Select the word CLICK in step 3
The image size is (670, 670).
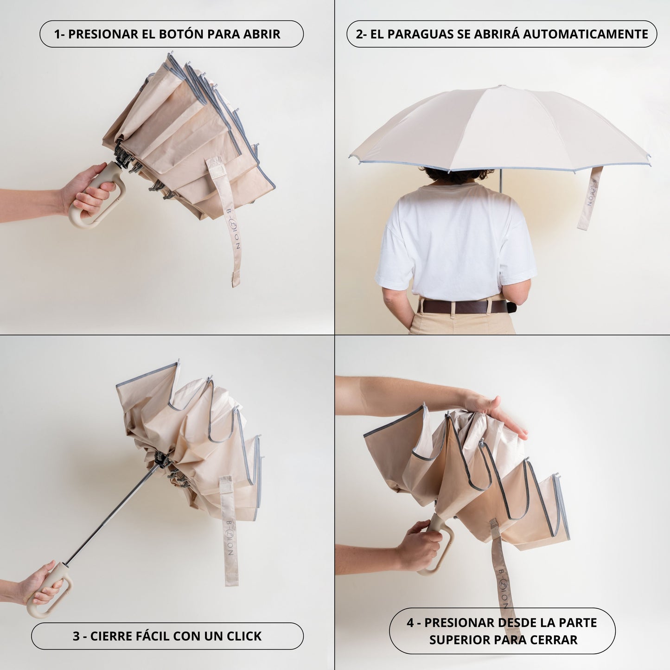click(x=244, y=636)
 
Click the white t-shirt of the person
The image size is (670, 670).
click(x=455, y=240)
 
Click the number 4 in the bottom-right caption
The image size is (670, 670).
click(x=410, y=622)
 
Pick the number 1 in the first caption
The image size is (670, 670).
click(x=57, y=34)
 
